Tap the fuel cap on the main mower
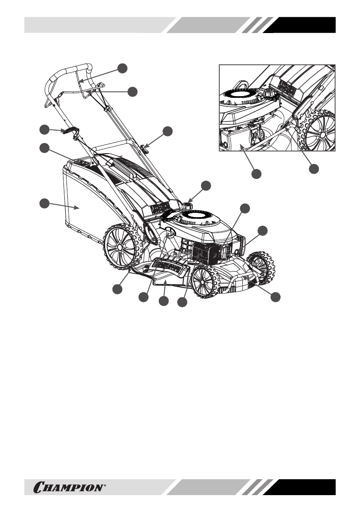point(188,206)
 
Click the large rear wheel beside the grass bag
point(123,248)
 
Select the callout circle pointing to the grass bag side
point(44,204)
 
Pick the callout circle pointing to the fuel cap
point(206,185)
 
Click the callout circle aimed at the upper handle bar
point(123,67)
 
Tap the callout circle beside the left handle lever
point(44,129)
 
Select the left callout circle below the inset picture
point(256,174)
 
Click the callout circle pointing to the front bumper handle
point(277,296)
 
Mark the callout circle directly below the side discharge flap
point(163,302)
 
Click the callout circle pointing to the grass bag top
point(44,148)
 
